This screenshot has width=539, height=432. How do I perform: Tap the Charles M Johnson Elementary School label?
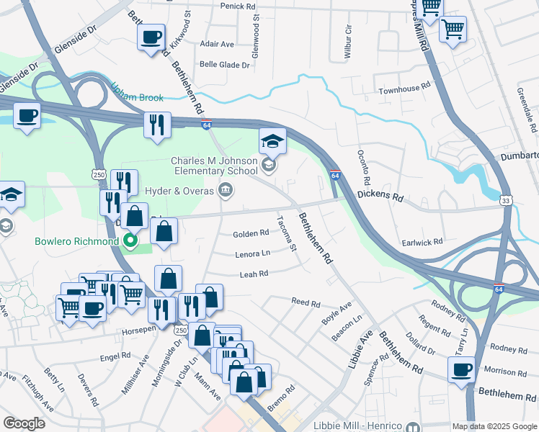[214, 166]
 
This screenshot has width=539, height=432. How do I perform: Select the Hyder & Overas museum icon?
[225, 190]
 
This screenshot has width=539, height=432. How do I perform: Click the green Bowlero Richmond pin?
[130, 240]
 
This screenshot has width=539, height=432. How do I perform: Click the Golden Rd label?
[251, 233]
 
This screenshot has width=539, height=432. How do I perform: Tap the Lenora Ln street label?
[252, 253]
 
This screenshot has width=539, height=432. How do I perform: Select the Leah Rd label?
[254, 274]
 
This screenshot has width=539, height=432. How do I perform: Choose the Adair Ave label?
[217, 44]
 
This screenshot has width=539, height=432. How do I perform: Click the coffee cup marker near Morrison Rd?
[461, 369]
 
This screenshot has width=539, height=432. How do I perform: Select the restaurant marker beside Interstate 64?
[156, 125]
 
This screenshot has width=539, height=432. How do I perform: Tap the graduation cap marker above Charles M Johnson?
[273, 140]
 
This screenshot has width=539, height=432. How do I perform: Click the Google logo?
[24, 423]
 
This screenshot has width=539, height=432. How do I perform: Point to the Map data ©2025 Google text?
[494, 426]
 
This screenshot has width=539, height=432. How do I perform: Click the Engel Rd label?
[115, 355]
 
